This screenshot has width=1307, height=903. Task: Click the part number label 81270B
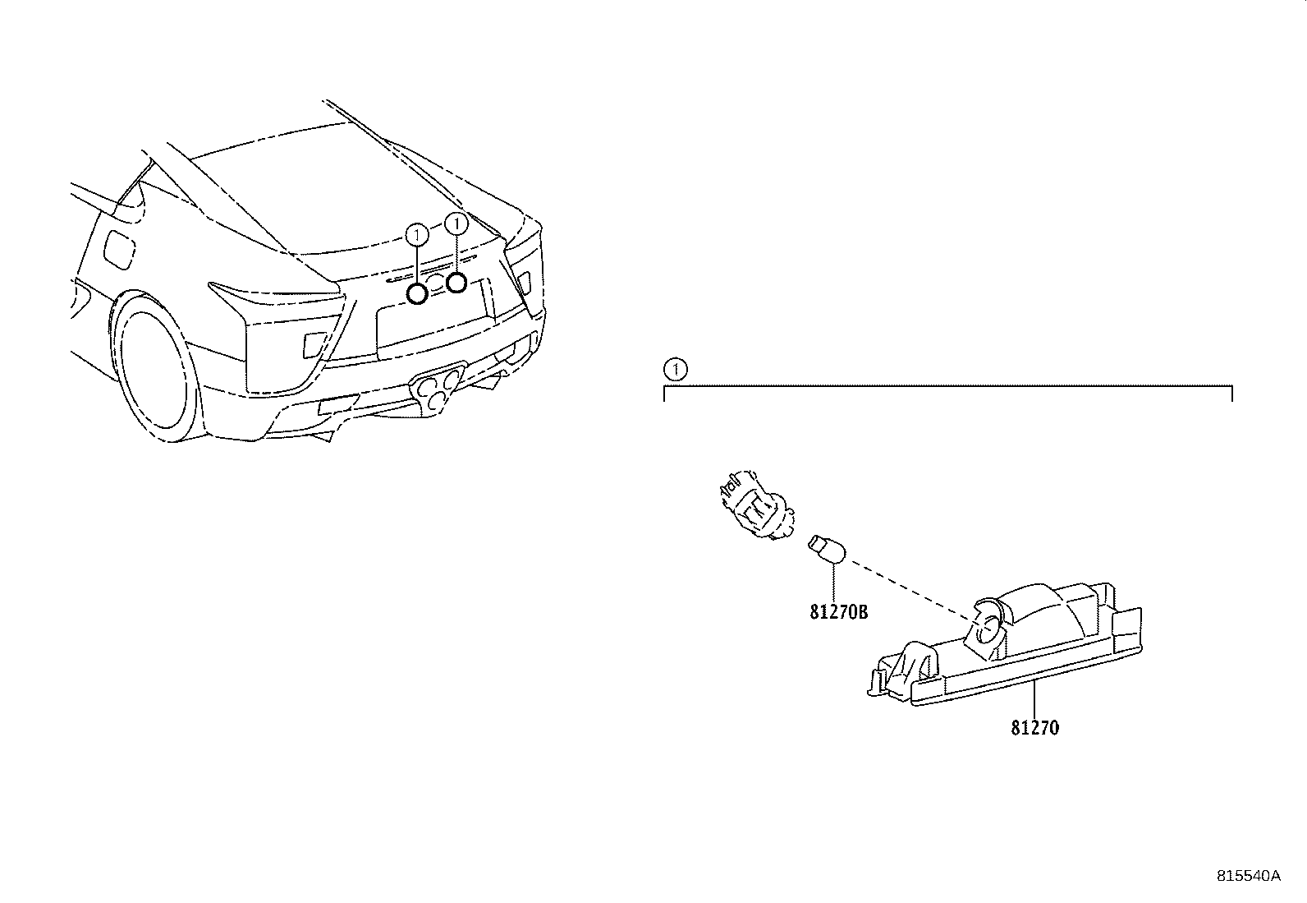pyautogui.click(x=838, y=612)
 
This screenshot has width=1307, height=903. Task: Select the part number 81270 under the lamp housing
pyautogui.click(x=1034, y=728)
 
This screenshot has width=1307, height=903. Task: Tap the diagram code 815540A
pyautogui.click(x=1248, y=876)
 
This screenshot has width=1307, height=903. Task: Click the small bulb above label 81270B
pyautogui.click(x=827, y=550)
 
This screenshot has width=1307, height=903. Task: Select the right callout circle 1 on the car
pyautogui.click(x=456, y=223)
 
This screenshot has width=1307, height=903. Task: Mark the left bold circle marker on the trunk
pyautogui.click(x=418, y=293)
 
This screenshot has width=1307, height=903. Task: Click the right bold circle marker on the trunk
pyautogui.click(x=456, y=283)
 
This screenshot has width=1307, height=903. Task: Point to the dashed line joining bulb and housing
pyautogui.click(x=911, y=588)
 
